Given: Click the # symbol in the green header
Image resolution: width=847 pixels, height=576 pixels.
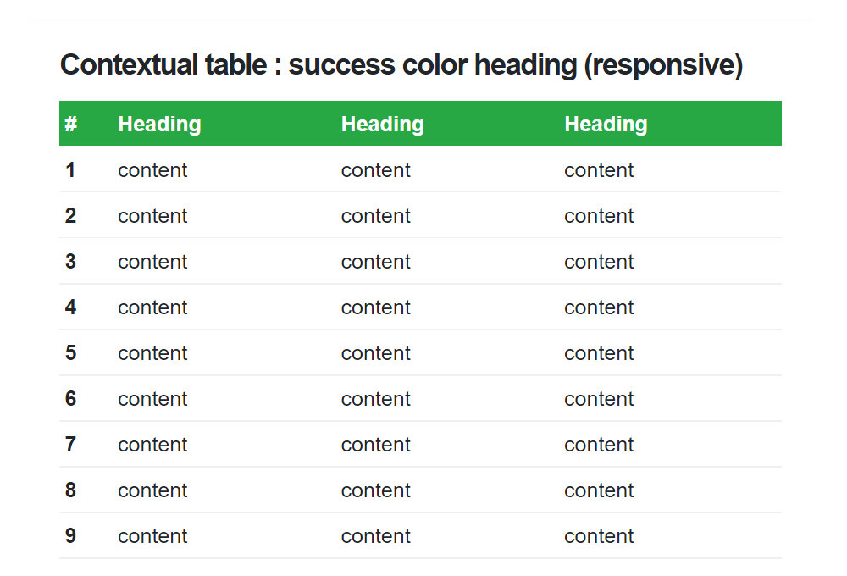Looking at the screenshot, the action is [71, 124].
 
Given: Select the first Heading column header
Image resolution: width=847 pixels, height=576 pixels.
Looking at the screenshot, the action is [160, 125].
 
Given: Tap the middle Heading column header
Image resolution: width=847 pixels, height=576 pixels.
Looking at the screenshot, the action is [383, 125].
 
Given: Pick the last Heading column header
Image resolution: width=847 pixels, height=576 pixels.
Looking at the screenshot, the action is [606, 125].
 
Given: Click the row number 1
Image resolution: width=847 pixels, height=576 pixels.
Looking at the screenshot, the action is [70, 170].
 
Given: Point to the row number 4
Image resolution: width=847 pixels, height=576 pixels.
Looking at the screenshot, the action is [70, 307].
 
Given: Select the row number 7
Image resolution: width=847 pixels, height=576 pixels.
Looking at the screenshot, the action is [70, 445].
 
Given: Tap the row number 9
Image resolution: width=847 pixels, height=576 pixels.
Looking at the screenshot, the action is [70, 536].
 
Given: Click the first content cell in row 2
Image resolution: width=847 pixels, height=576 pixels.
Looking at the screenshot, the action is [152, 216].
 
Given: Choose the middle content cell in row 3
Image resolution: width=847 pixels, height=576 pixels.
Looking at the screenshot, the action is [376, 262].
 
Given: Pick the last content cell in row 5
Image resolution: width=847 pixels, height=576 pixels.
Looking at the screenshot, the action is [599, 353].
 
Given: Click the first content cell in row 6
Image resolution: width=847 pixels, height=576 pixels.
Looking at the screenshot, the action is [152, 399].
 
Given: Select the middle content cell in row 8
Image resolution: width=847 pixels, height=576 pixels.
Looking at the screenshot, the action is [376, 490].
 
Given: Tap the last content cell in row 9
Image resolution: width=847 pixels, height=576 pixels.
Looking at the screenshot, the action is [599, 536].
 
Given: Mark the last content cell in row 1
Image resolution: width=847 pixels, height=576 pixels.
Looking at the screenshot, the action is [599, 171].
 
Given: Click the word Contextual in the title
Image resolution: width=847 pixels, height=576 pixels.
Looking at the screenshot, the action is [129, 65].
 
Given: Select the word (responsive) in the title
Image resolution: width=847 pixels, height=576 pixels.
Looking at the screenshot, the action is [664, 66].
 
